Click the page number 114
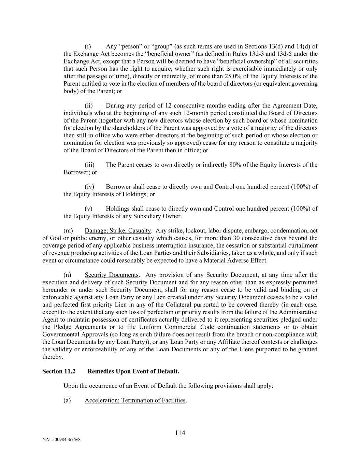click(180, 433)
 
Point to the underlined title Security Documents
click(112, 275)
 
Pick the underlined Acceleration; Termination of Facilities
click(135, 400)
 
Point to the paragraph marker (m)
click(68, 230)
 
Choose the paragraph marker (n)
click(67, 275)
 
